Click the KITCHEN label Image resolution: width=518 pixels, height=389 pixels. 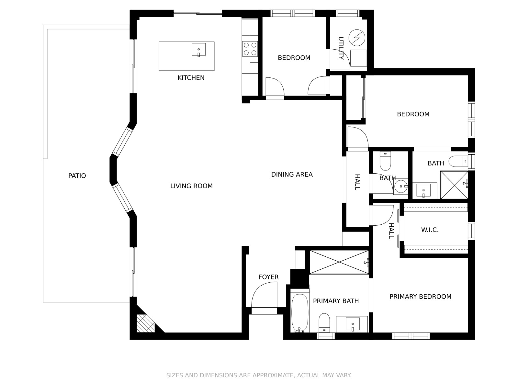191,78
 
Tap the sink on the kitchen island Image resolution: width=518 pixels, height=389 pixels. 198,50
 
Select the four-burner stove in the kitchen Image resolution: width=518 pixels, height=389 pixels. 250,49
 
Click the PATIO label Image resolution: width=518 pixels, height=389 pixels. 77,176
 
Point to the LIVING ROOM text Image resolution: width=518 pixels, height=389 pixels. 191,186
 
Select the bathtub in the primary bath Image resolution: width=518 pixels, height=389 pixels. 299,313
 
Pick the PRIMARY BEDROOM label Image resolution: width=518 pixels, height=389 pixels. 420,297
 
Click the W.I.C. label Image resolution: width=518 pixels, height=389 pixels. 430,230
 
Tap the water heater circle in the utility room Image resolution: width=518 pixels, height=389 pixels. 357,38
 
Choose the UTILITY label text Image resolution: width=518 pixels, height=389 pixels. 341,48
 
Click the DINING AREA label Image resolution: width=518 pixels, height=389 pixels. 292,174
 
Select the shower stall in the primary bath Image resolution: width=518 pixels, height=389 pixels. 339,262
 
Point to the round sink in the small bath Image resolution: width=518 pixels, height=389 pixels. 401,186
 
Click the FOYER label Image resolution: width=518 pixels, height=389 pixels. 268,277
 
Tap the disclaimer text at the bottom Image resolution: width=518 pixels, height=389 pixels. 259,375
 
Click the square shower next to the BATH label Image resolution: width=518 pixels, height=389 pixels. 454,185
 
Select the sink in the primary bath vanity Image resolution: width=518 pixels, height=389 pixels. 352,324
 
